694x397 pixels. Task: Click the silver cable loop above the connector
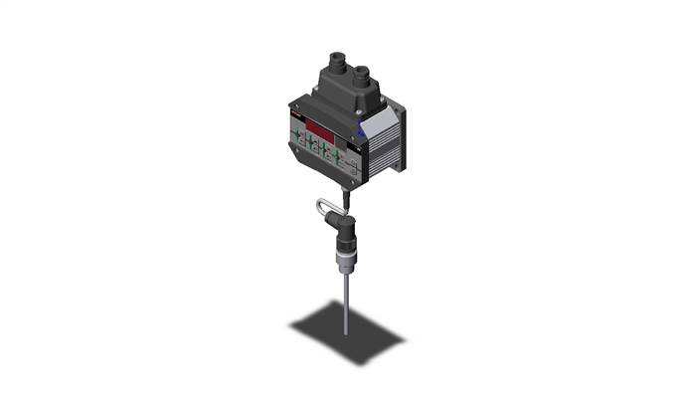pyautogui.click(x=325, y=208)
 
